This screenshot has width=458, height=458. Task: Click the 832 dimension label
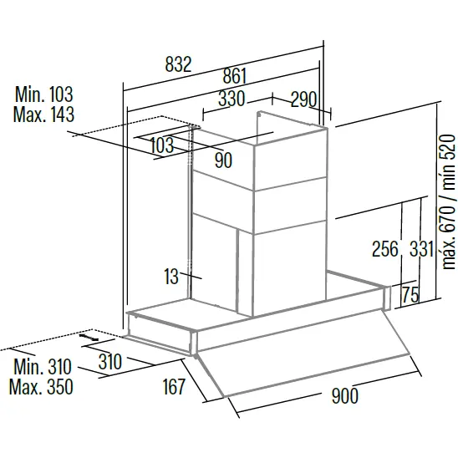coord(178,64)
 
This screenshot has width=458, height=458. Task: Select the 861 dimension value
coord(235,76)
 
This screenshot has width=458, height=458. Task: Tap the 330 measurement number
coord(231,99)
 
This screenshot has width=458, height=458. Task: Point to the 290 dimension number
coord(303,99)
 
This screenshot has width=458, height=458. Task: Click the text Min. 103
coord(43,94)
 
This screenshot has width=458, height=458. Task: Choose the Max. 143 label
coord(43,114)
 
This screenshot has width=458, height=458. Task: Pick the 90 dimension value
coord(223,160)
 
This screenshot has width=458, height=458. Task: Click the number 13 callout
coord(170,277)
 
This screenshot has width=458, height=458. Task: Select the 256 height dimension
coord(385,249)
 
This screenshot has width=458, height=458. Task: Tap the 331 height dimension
coord(421,249)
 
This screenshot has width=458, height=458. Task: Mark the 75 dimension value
coord(410,295)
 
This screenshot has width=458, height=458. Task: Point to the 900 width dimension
coord(344,396)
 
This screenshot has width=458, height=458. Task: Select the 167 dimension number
coord(174,386)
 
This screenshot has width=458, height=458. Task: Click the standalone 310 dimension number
coord(110,362)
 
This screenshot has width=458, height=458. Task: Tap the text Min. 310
coord(43,367)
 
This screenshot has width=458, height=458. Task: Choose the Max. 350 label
coord(41,387)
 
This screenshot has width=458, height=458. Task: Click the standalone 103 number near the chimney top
coord(162,145)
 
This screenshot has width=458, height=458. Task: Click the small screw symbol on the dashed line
coord(89,337)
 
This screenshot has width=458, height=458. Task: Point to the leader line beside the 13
coord(191,276)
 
